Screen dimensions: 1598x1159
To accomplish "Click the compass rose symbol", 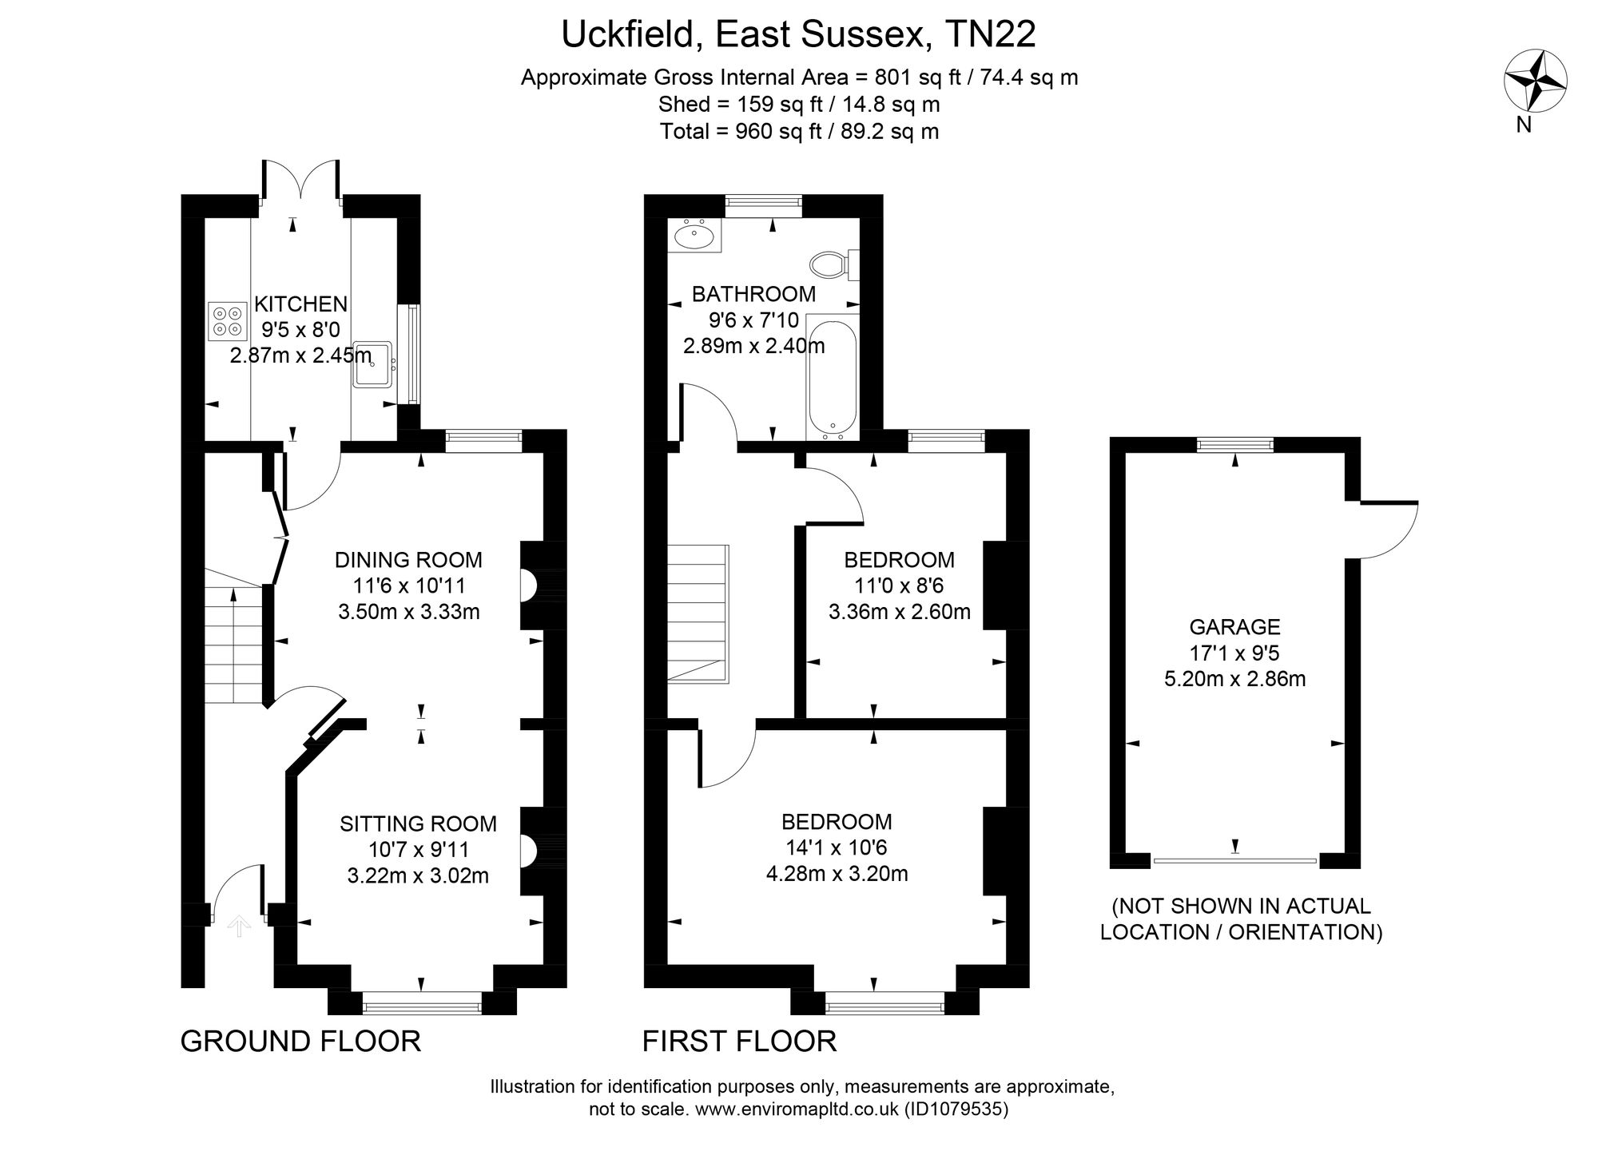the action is [1535, 81].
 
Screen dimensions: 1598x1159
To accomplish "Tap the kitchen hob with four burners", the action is [227, 321].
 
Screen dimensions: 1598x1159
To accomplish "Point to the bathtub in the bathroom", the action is [833, 376].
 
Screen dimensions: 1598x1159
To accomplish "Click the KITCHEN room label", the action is [300, 304].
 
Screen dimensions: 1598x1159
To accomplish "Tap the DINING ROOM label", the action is [408, 560].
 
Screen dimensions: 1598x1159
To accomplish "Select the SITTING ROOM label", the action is [418, 824].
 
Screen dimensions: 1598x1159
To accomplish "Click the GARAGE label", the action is [1234, 627].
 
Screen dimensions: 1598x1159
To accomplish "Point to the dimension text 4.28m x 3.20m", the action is [837, 874].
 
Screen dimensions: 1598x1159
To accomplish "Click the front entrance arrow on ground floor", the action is [239, 926].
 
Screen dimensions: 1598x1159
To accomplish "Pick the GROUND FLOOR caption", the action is [300, 1042].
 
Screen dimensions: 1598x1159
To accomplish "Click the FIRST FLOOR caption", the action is [740, 1042].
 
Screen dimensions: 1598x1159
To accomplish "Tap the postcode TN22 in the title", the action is [990, 34].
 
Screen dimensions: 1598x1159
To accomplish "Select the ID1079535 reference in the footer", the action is [956, 1109].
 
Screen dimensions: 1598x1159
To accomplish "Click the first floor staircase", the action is [698, 613].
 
